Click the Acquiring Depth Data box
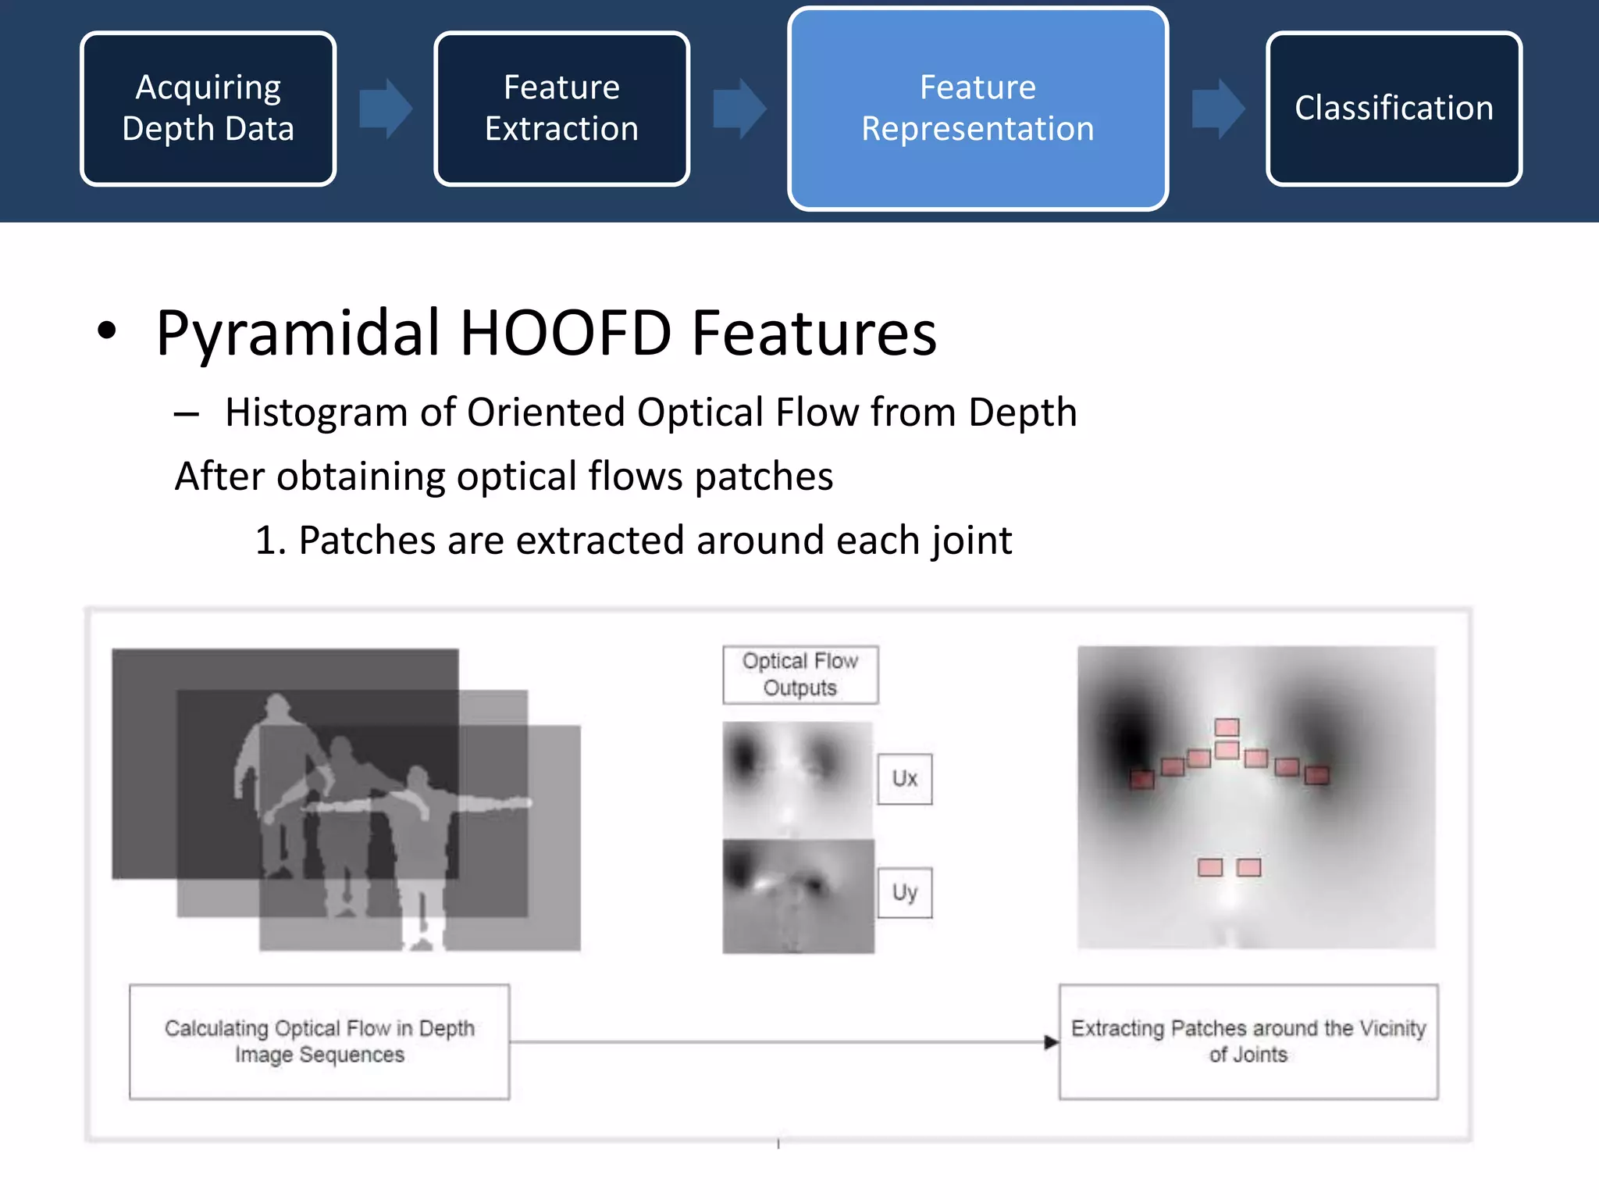coord(208,109)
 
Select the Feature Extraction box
coord(561,109)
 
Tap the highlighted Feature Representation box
coord(978,109)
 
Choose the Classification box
coord(1394,109)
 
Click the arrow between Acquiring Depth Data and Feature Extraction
coord(385,109)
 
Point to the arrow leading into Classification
coord(1217,109)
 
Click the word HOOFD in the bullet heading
coord(565,334)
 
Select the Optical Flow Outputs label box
coord(800,675)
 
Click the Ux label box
coord(904,779)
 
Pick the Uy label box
coord(904,893)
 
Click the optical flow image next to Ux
coord(797,778)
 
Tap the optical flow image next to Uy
coord(797,897)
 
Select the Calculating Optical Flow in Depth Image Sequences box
coord(319,1042)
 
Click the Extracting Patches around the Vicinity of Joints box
coord(1248,1042)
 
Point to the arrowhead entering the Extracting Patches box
coord(1051,1042)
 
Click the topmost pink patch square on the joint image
coord(1227,727)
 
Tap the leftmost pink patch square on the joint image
coord(1141,779)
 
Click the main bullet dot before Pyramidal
coord(107,331)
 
